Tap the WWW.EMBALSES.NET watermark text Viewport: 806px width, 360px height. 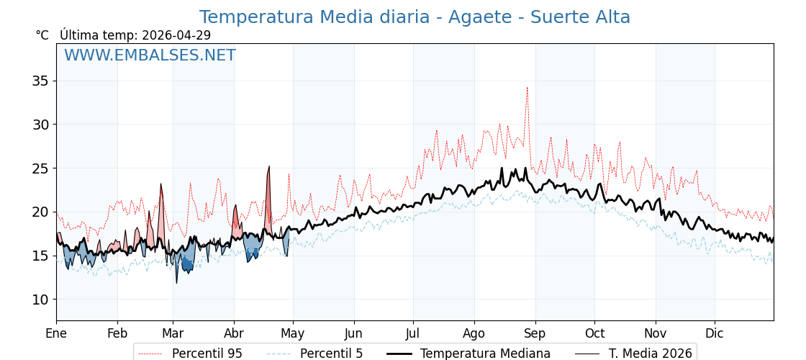click(150, 55)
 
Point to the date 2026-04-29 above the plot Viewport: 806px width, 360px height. click(176, 35)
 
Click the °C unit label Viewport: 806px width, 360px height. click(42, 35)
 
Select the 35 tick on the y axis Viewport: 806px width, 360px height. click(40, 81)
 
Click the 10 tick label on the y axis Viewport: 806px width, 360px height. click(40, 300)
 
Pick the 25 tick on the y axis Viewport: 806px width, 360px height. click(40, 168)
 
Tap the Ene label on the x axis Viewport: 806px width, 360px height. click(56, 333)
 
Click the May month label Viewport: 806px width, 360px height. click(293, 333)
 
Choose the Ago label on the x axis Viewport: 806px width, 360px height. click(474, 333)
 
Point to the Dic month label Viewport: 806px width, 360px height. click(715, 333)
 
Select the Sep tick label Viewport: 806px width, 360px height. click(535, 333)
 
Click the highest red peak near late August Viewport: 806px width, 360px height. click(527, 89)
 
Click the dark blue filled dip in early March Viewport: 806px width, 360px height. click(187, 264)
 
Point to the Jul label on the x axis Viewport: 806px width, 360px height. click(413, 333)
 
